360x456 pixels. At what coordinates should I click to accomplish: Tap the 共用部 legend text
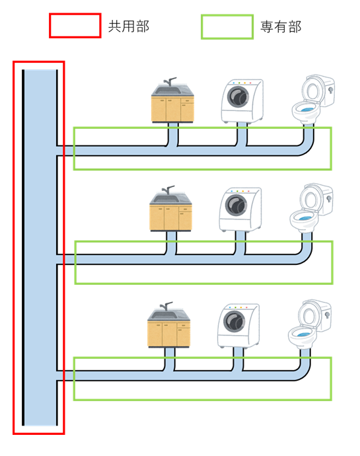(129, 26)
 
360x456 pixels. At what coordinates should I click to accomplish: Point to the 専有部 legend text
(281, 27)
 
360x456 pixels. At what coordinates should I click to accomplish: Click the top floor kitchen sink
(172, 100)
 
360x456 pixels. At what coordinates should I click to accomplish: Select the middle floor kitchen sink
(170, 209)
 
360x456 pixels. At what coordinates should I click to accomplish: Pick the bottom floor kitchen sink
(168, 325)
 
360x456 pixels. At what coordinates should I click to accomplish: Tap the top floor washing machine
(242, 101)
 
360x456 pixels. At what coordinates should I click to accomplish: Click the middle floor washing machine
(240, 209)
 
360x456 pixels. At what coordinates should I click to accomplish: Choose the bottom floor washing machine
(238, 326)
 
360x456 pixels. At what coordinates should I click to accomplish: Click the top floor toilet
(313, 100)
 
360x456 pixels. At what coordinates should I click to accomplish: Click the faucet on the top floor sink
(170, 81)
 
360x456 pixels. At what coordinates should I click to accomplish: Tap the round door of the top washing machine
(238, 97)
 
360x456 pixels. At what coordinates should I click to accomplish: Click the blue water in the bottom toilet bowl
(303, 334)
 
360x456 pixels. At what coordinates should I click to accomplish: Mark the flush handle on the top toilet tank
(331, 90)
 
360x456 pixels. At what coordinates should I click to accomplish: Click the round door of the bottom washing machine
(234, 322)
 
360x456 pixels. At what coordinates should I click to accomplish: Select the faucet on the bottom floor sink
(166, 306)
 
